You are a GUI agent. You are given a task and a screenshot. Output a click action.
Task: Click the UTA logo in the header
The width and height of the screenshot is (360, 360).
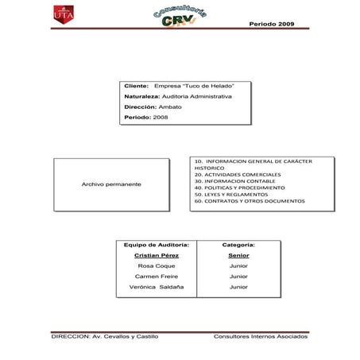[62, 16]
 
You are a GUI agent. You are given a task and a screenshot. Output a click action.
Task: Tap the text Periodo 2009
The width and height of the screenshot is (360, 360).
[272, 24]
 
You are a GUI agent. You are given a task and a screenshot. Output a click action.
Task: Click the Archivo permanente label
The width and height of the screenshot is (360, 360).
[111, 184]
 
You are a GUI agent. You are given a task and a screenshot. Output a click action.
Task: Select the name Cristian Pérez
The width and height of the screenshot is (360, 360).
[157, 256]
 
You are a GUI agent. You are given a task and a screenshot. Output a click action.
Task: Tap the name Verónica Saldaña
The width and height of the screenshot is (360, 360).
[157, 286]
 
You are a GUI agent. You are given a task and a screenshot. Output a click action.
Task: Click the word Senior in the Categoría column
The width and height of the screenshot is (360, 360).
[239, 256]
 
